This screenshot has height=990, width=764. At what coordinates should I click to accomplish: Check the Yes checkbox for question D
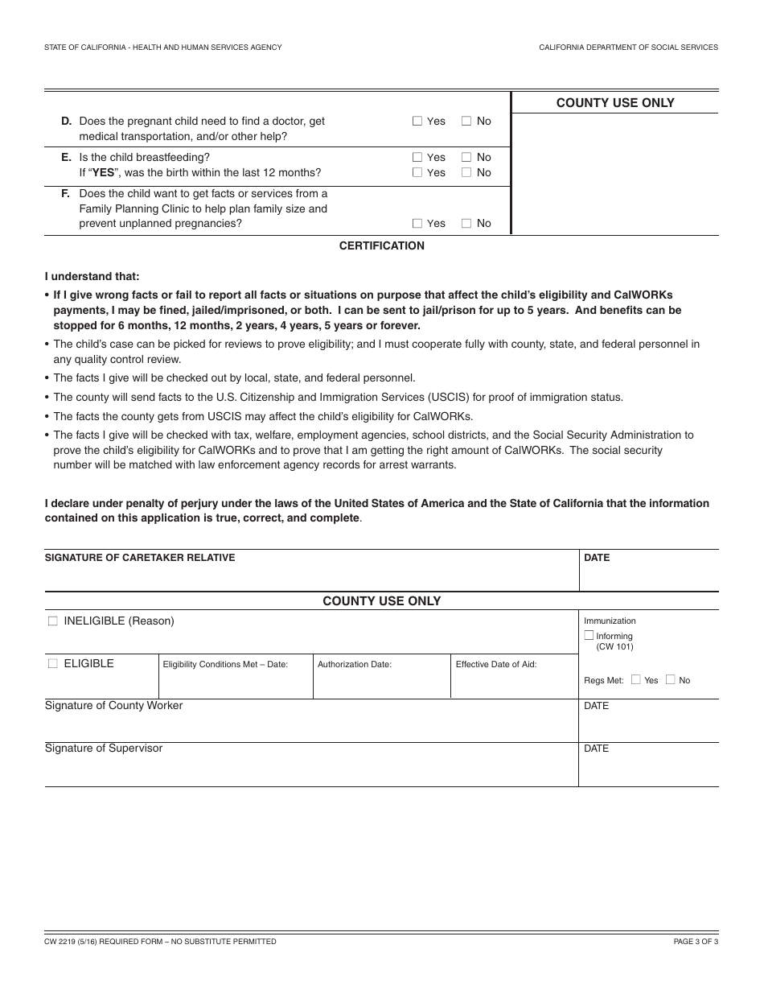pyautogui.click(x=417, y=122)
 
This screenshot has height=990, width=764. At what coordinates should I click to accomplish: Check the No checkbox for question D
pyautogui.click(x=466, y=122)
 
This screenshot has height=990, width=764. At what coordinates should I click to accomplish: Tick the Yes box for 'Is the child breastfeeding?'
pyautogui.click(x=417, y=158)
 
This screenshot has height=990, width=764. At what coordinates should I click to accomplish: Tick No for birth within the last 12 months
pyautogui.click(x=466, y=172)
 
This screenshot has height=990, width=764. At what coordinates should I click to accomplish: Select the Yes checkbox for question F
pyautogui.click(x=417, y=224)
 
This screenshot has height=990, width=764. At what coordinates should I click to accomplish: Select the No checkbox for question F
pyautogui.click(x=466, y=224)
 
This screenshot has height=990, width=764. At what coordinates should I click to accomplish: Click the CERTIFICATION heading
pyautogui.click(x=381, y=245)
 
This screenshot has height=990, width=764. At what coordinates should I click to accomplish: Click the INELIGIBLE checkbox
pyautogui.click(x=53, y=621)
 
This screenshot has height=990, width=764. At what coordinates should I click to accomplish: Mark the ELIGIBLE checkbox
pyautogui.click(x=53, y=664)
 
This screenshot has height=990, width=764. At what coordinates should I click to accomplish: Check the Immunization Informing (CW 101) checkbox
pyautogui.click(x=589, y=636)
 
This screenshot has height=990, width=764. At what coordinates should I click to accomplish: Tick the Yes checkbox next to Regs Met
pyautogui.click(x=636, y=679)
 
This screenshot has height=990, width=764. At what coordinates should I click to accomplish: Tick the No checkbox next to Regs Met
pyautogui.click(x=671, y=679)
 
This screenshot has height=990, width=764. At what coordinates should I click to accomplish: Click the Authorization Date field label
pyautogui.click(x=354, y=665)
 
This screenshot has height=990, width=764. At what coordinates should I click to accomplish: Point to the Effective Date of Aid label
pyautogui.click(x=495, y=665)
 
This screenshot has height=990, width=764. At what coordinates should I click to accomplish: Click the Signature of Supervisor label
pyautogui.click(x=104, y=749)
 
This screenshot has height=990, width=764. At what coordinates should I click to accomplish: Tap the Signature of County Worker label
pyautogui.click(x=113, y=706)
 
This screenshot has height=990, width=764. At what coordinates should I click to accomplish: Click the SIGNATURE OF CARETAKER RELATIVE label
pyautogui.click(x=140, y=558)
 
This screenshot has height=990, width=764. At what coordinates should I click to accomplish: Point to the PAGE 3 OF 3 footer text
pyautogui.click(x=696, y=942)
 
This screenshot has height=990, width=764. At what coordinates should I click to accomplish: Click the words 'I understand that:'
pyautogui.click(x=92, y=277)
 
